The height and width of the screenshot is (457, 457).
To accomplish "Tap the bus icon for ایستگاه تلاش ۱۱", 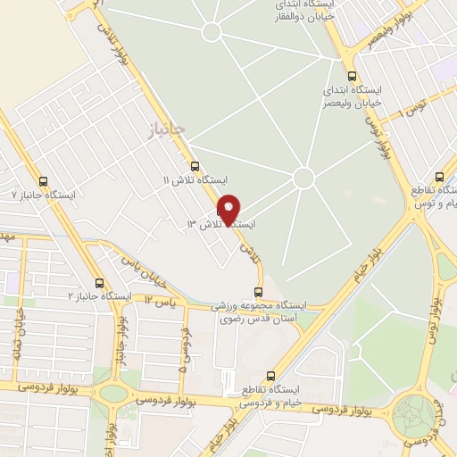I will (195, 165).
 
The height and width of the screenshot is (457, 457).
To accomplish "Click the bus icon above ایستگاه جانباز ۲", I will (99, 282).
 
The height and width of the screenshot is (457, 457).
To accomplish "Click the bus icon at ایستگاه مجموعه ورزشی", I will (259, 291).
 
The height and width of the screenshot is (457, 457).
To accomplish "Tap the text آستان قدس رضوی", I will (259, 319).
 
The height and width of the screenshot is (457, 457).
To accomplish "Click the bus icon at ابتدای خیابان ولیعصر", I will (352, 77).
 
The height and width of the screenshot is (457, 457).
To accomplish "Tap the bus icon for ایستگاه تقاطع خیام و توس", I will (438, 177).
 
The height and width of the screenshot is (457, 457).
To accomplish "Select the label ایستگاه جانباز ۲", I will (101, 296).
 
